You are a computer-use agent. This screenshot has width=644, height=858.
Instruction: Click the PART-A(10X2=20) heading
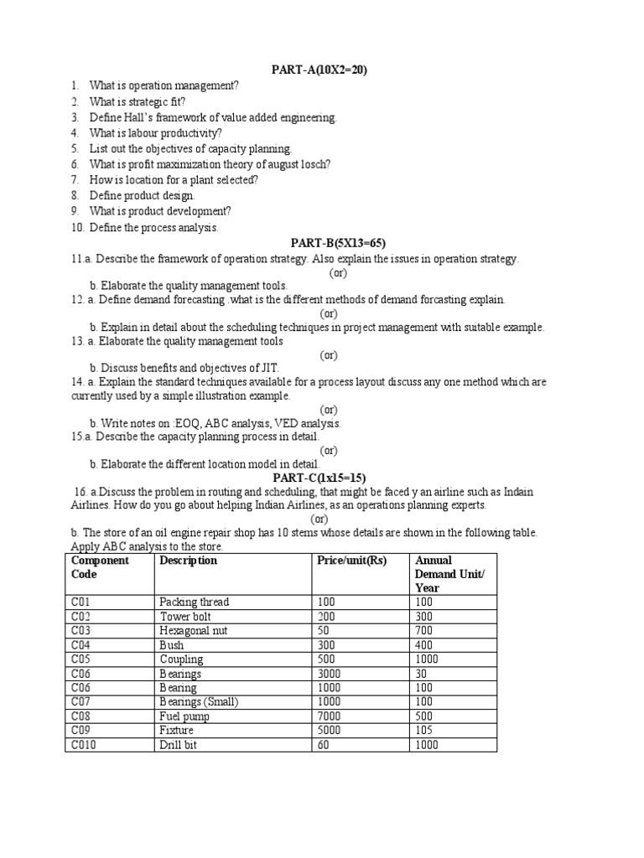point(319,70)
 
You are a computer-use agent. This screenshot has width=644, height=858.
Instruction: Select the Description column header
point(188,561)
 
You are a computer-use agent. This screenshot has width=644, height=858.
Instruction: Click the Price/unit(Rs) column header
point(351,561)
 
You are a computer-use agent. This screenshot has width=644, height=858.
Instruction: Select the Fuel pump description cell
point(185,716)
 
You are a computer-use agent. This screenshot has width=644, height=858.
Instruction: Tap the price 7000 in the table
point(330,716)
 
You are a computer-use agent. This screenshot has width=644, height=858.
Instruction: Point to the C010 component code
point(84,744)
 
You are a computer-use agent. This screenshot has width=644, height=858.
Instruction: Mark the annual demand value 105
point(425,730)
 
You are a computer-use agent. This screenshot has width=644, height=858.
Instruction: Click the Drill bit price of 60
point(325,744)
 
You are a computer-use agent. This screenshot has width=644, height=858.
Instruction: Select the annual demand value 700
point(425,630)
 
